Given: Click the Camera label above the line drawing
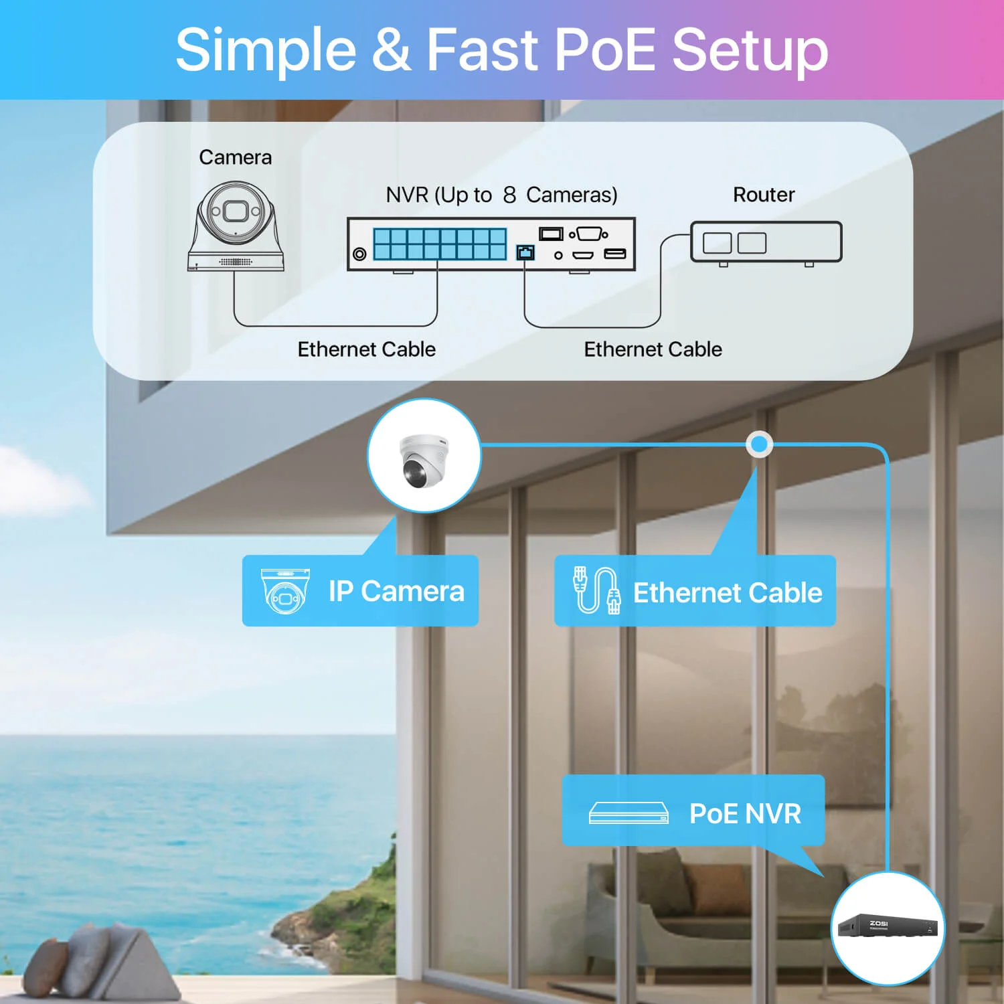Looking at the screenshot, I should (x=235, y=157).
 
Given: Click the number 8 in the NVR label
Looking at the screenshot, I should (x=509, y=195).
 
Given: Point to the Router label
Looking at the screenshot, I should (x=764, y=195).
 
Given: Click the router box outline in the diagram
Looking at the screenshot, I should (x=766, y=242).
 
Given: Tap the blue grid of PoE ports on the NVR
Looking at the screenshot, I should (x=440, y=244).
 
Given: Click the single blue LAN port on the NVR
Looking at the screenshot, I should (x=525, y=252).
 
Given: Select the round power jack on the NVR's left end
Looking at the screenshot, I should (x=359, y=254).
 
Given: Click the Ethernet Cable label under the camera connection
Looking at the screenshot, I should (x=366, y=349).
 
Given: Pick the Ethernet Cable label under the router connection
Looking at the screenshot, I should (x=653, y=349).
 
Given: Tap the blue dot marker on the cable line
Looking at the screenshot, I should (x=759, y=444).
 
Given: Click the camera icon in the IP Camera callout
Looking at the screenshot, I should (x=285, y=591).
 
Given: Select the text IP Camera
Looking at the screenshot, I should (x=396, y=591).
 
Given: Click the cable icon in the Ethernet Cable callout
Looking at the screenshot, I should (x=596, y=590).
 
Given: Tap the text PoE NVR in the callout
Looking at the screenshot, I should (x=745, y=814).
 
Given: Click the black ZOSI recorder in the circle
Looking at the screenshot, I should (x=888, y=927).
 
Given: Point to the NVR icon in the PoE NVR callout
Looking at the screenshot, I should (x=629, y=813).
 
